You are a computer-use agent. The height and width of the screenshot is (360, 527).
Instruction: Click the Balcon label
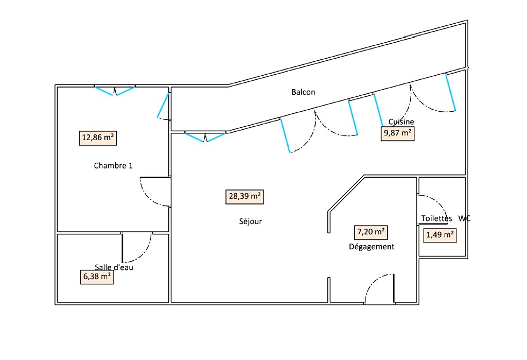tap(303, 92)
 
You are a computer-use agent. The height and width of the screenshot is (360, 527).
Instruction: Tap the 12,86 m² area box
tap(98, 138)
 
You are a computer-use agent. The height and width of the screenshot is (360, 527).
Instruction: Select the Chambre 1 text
tap(113, 165)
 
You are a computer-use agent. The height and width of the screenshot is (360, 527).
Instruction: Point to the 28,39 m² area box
tap(244, 197)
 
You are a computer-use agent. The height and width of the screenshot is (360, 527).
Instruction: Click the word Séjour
tap(251, 221)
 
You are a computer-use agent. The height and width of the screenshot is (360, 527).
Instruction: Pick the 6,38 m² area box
tap(97, 277)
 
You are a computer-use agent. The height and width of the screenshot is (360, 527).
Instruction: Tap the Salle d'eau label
tap(114, 267)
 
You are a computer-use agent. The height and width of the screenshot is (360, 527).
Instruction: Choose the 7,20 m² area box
tap(371, 232)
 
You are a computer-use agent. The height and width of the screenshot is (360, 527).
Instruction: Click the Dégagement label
tap(372, 247)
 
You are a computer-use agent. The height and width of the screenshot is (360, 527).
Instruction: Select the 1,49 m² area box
tap(440, 235)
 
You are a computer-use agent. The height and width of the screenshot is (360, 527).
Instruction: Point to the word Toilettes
tap(436, 218)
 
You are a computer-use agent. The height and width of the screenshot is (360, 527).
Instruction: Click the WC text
tap(465, 218)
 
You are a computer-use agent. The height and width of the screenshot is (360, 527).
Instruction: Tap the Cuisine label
tap(401, 122)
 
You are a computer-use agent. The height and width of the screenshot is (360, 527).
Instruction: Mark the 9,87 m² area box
tap(398, 133)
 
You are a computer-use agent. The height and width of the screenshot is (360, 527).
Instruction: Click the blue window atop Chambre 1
tap(115, 91)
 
